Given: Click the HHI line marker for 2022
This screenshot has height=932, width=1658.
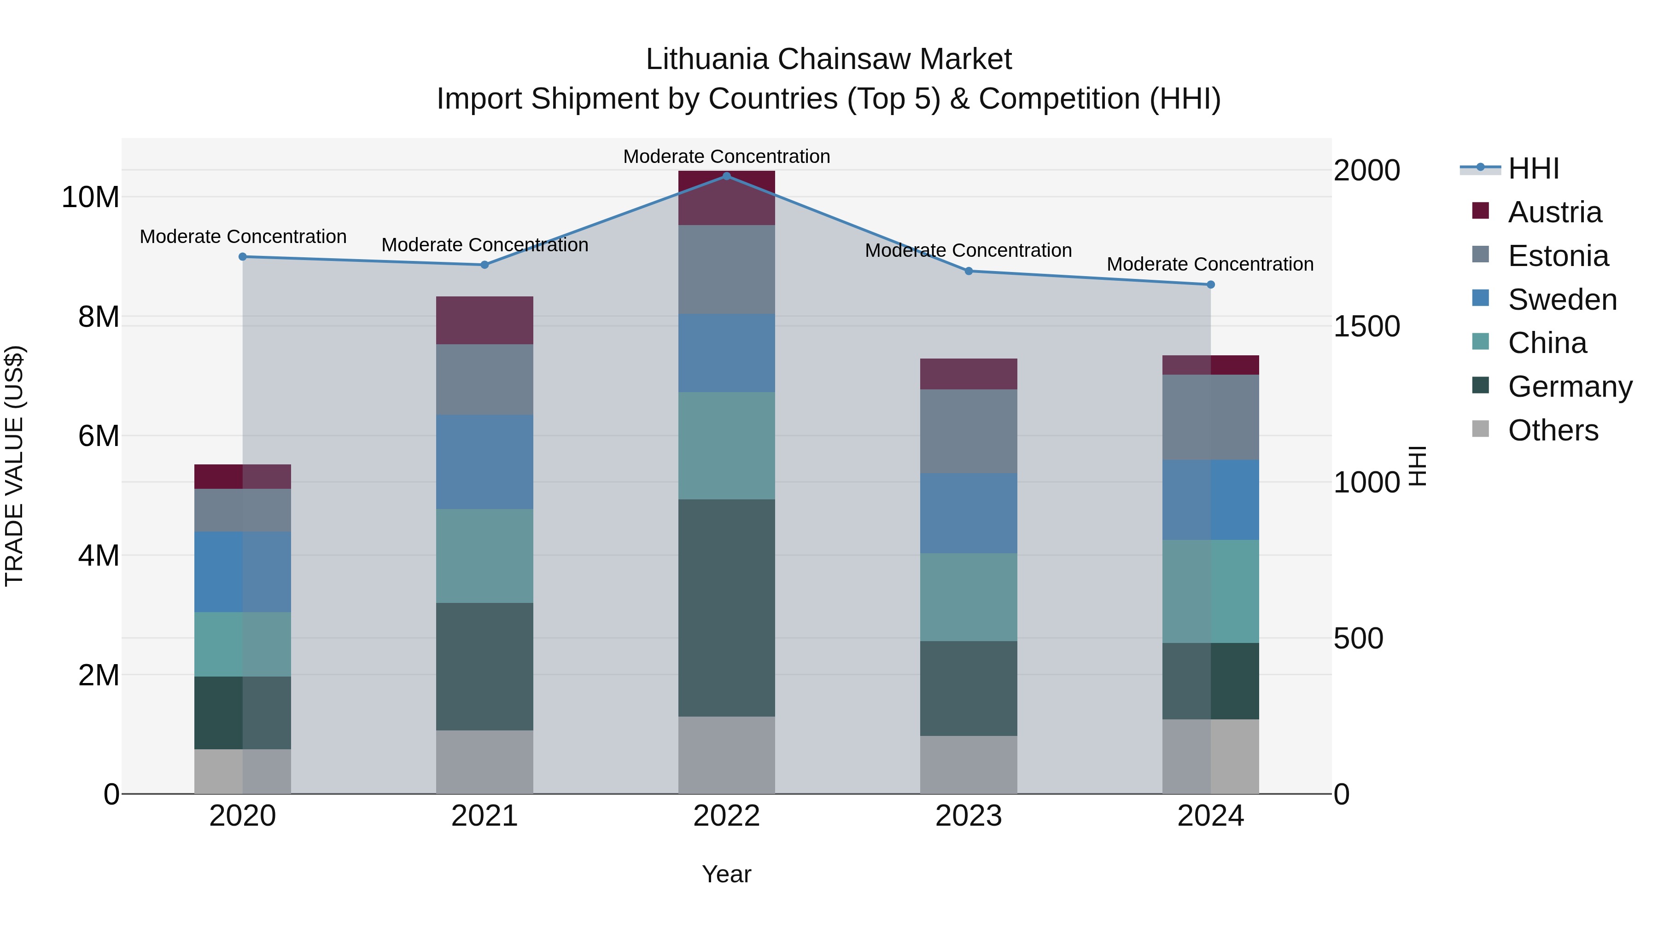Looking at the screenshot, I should tap(727, 176).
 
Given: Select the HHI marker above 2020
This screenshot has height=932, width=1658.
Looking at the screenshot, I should tap(243, 257).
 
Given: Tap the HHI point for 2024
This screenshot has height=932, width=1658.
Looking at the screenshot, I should tap(1211, 284).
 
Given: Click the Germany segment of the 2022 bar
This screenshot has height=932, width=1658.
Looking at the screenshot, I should tap(727, 608).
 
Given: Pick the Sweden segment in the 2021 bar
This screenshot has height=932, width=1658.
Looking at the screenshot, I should tap(485, 462).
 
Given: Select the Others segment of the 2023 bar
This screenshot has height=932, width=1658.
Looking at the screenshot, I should tap(969, 765).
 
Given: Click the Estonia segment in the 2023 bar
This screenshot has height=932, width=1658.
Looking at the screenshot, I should tap(969, 431).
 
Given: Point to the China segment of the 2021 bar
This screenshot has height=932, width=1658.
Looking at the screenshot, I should tap(485, 556).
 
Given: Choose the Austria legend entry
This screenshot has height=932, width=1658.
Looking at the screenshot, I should tap(1554, 212).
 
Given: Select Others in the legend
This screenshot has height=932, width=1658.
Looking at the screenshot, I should tap(1553, 430).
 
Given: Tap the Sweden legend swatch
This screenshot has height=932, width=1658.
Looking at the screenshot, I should tap(1480, 298).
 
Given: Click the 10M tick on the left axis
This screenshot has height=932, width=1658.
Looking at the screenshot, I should tap(90, 197).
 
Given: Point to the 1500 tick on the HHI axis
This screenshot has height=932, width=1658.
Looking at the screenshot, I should tap(1366, 326).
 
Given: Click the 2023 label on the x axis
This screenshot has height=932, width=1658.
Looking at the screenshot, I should tap(969, 816).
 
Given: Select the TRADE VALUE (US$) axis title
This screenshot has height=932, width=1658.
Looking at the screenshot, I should tap(14, 466).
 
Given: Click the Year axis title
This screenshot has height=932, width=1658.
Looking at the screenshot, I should tap(727, 874).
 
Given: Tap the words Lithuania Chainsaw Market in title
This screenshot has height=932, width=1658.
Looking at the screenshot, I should tap(829, 59).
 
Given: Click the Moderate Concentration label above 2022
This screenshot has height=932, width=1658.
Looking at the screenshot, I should tap(727, 156).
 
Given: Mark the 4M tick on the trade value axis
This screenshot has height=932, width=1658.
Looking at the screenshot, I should tap(99, 555).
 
